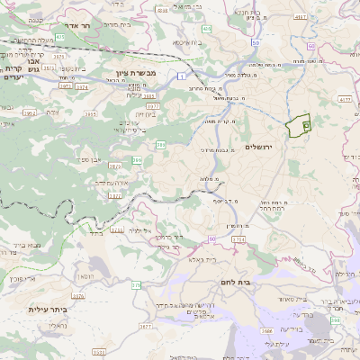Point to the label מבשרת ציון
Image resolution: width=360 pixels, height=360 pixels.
click(x=136, y=71)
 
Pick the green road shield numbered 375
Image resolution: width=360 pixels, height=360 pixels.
click(x=136, y=284)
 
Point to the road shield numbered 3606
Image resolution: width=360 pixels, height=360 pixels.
click(x=267, y=331)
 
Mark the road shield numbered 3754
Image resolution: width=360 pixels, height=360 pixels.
click(x=238, y=239)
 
